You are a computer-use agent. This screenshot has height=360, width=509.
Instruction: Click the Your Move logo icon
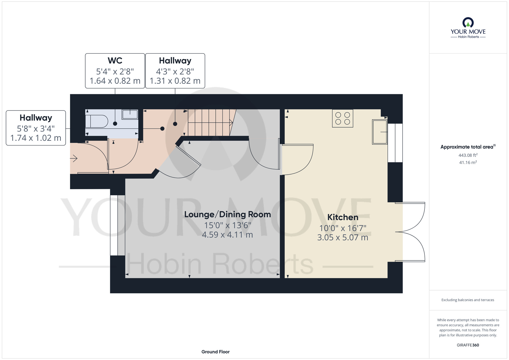[x=468, y=22]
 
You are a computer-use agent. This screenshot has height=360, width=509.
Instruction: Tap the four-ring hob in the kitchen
[x=343, y=118]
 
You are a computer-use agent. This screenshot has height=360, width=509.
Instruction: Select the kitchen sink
[x=380, y=132]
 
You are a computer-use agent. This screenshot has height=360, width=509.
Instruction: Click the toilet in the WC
[x=96, y=121]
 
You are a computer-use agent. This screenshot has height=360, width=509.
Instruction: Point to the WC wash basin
[x=130, y=114]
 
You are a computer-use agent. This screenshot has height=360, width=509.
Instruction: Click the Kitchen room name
[x=343, y=217]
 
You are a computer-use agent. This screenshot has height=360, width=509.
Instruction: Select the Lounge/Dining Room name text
[x=228, y=214]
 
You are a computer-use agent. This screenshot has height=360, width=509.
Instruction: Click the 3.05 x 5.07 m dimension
[x=343, y=238]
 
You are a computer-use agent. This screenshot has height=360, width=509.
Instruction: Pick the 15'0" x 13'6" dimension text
[x=228, y=225]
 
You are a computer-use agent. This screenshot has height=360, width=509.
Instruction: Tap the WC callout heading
[x=115, y=61]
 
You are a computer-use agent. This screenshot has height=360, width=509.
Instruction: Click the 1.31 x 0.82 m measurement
[x=175, y=81]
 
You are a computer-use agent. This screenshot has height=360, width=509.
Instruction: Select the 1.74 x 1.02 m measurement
[x=36, y=138]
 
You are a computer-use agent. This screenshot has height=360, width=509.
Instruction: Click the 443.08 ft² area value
[x=468, y=155]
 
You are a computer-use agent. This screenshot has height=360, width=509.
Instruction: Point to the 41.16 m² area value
[x=468, y=162]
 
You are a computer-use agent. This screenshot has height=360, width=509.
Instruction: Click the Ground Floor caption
[x=216, y=352]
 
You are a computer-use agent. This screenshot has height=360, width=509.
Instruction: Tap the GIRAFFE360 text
[x=468, y=345]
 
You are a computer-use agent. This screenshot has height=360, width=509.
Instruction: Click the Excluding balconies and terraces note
[x=468, y=300]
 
